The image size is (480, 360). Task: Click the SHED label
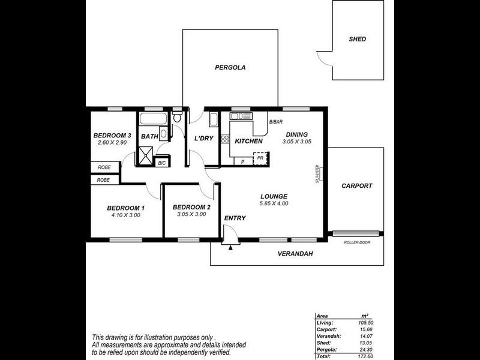click(357, 39)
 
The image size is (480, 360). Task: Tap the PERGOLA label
click(230, 68)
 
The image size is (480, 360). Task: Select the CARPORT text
click(356, 186)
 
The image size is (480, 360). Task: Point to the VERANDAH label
click(295, 254)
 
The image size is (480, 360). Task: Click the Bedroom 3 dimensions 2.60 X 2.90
click(112, 143)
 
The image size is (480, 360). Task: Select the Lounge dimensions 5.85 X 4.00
click(274, 203)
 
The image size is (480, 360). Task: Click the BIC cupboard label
click(161, 163)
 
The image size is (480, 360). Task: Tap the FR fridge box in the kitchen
click(260, 158)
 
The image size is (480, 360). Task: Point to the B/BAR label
click(275, 122)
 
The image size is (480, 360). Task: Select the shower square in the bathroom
click(146, 157)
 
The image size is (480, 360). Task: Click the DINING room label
click(296, 134)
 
